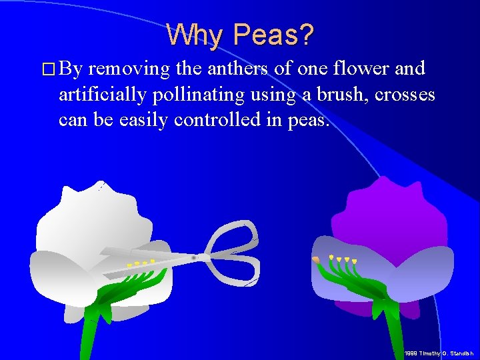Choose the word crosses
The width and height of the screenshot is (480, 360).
405,95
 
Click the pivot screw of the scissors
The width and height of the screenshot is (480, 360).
194,257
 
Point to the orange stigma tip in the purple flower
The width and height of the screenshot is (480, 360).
315,259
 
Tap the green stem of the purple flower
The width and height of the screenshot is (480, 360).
386,333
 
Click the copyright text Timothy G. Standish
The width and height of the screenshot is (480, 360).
440,353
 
